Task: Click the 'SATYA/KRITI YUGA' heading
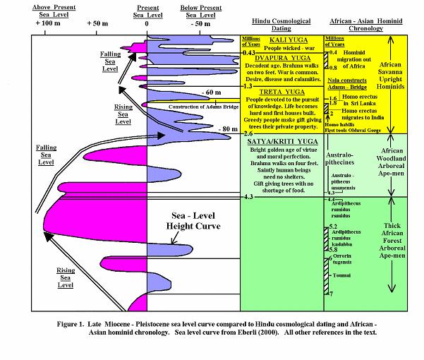pos(281,142)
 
